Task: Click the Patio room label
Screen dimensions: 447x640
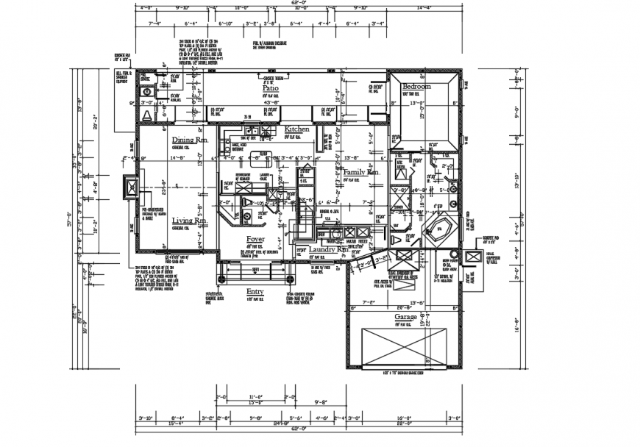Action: click(270, 87)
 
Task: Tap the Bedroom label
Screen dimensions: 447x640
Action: click(416, 87)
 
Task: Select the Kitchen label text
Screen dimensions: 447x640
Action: click(297, 129)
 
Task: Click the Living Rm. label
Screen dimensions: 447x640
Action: click(190, 221)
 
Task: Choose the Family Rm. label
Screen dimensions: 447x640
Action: click(361, 172)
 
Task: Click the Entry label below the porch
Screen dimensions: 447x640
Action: click(255, 291)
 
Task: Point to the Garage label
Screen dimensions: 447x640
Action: click(405, 318)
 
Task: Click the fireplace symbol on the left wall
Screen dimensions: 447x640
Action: click(130, 188)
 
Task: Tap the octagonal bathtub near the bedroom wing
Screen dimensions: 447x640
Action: click(440, 229)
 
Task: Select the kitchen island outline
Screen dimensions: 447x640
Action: click(259, 155)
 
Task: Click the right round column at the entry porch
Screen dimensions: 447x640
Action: click(291, 280)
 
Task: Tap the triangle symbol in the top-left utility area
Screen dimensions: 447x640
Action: click(146, 115)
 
